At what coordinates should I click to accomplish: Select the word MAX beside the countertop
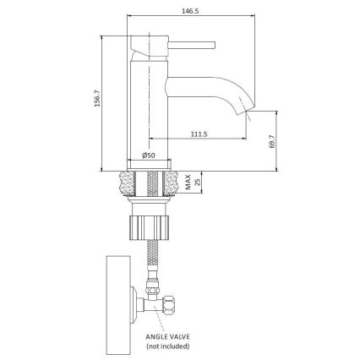tap(187, 179)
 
